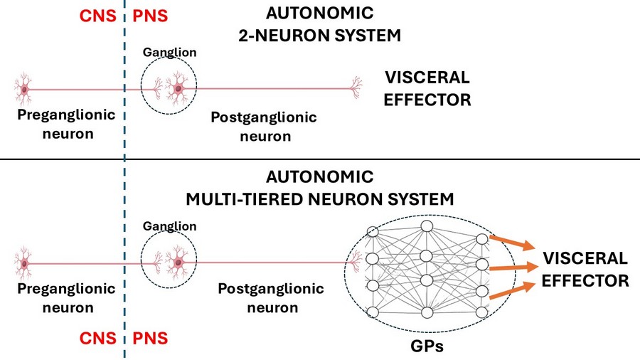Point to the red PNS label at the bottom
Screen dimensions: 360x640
coord(150,337)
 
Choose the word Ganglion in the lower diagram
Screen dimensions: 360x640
coord(169,226)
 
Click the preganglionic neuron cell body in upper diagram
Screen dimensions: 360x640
coord(25,89)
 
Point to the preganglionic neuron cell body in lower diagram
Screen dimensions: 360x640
coord(25,263)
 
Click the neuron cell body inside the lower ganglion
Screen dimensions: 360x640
coord(176,263)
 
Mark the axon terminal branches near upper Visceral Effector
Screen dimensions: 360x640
coord(354,88)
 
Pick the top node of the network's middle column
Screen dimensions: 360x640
coord(427,226)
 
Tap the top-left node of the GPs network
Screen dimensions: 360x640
coord(371,231)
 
